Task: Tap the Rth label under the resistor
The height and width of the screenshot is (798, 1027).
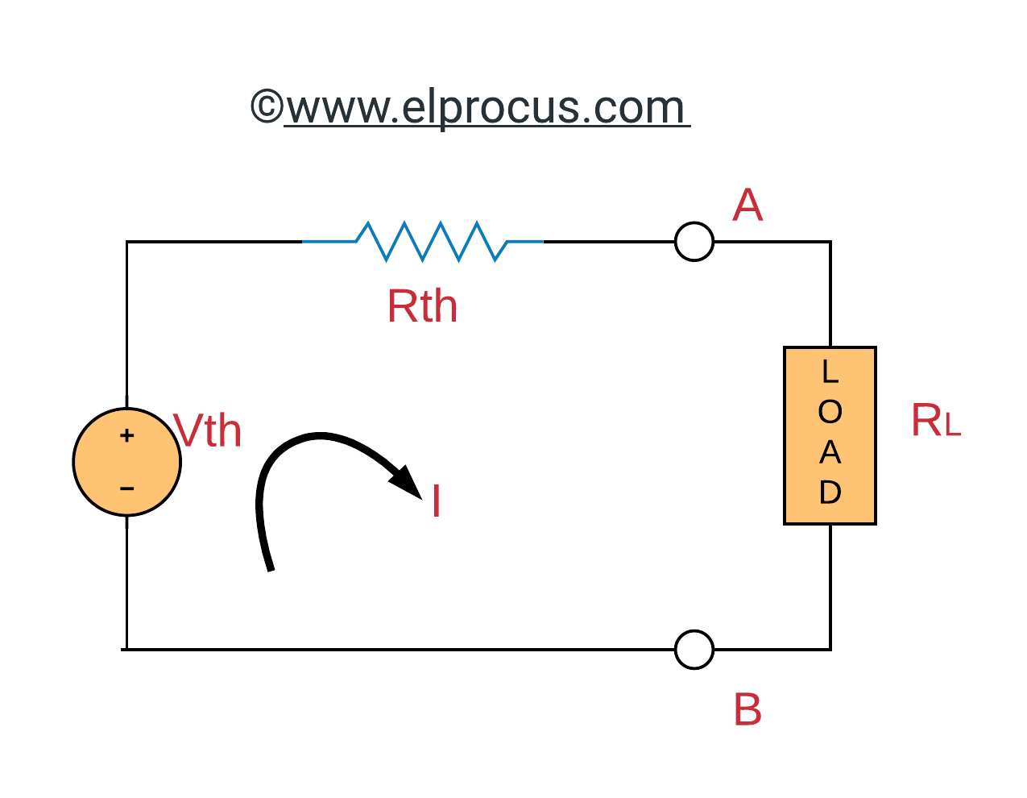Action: click(422, 307)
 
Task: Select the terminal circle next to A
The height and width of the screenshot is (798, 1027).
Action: click(694, 241)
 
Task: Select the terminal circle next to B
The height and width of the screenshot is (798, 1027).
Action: click(694, 649)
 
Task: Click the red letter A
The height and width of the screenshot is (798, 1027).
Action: click(747, 206)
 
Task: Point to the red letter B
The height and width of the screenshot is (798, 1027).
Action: click(747, 711)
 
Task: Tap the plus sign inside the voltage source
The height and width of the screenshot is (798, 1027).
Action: click(126, 436)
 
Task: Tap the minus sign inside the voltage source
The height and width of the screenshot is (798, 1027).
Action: click(126, 488)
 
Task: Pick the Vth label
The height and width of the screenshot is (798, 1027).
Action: click(208, 431)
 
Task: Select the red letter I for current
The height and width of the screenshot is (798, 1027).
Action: click(436, 501)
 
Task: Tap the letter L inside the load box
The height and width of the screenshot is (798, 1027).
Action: click(830, 372)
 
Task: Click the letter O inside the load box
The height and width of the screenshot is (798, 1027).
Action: click(830, 413)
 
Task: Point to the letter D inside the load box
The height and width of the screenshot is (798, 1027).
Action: click(830, 493)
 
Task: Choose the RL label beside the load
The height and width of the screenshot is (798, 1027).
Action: click(935, 421)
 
